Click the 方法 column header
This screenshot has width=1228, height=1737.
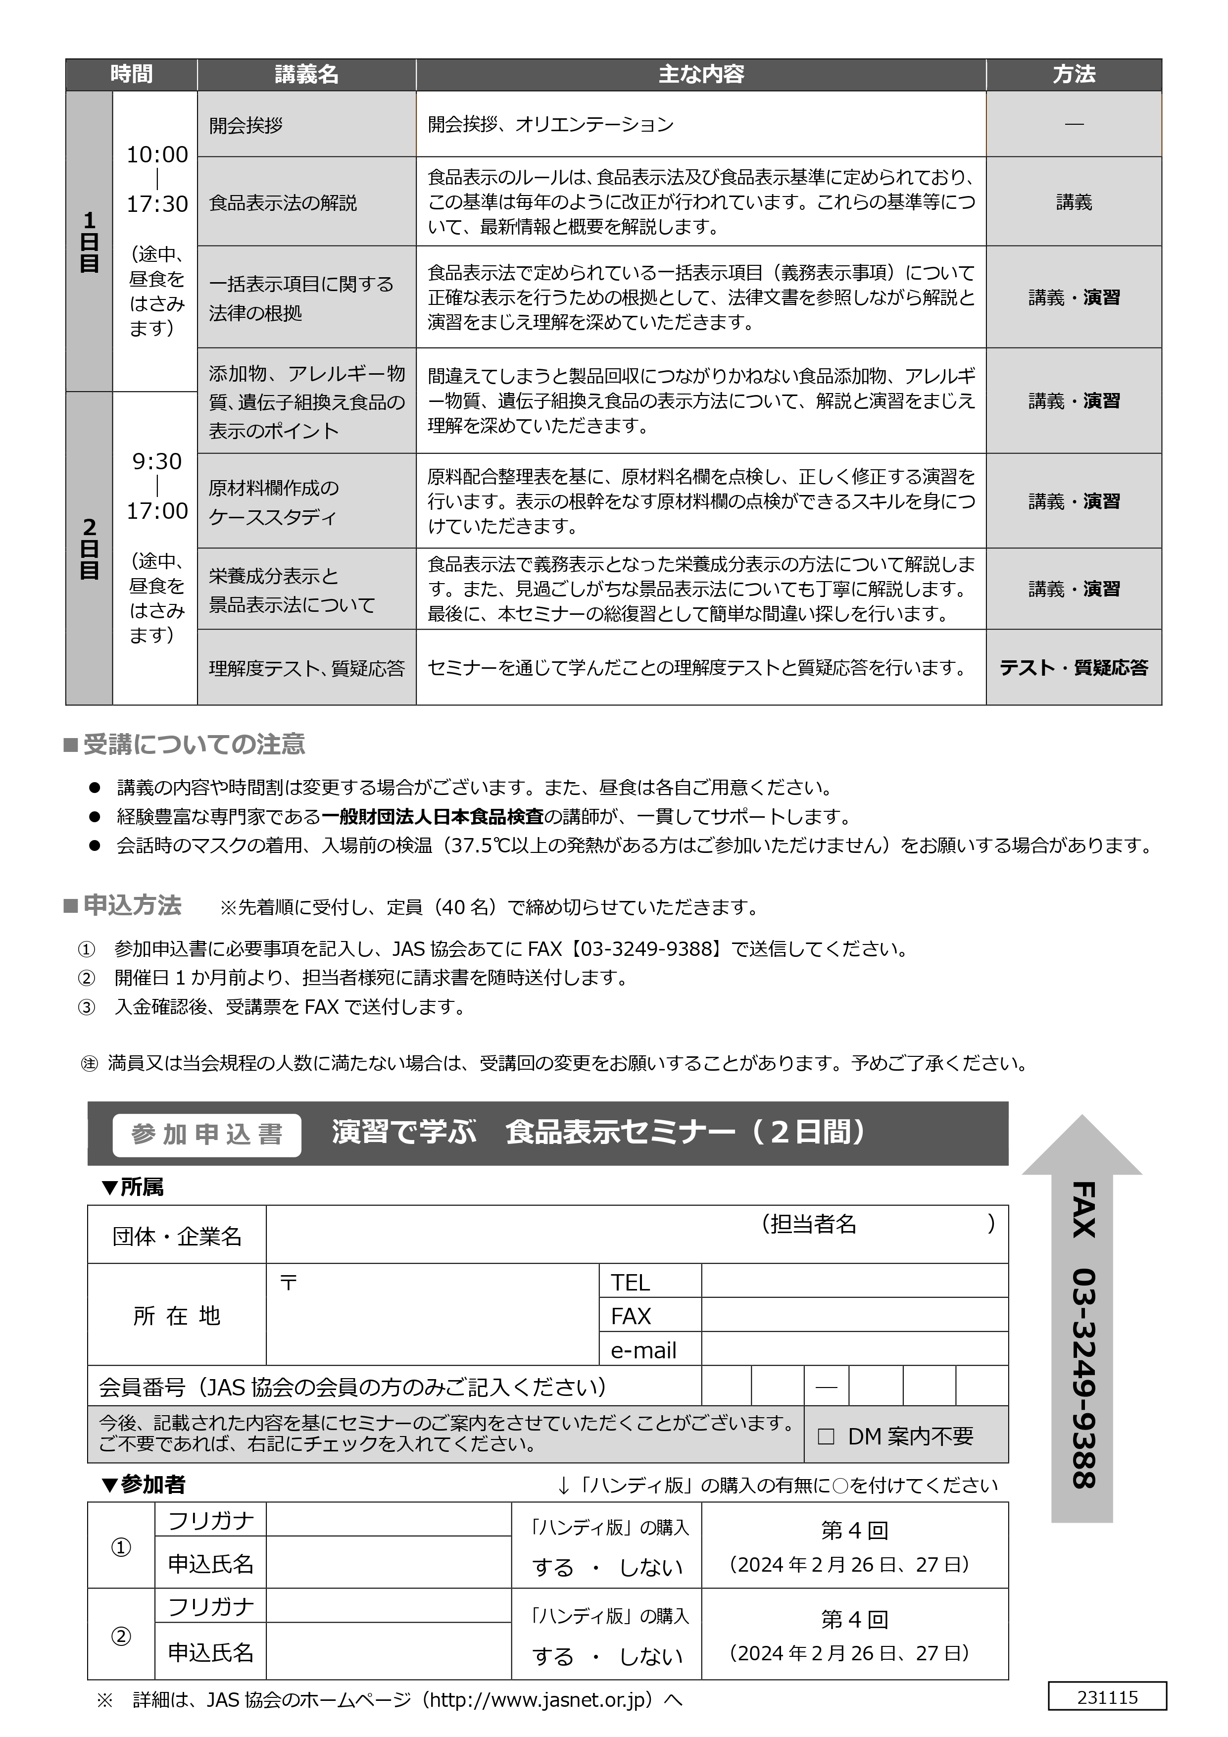(x=1073, y=74)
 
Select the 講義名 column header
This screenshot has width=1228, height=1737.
(x=306, y=74)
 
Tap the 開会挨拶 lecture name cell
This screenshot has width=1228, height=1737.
(x=246, y=125)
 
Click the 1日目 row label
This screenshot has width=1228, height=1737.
(x=89, y=242)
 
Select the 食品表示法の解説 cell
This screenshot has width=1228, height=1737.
(x=282, y=203)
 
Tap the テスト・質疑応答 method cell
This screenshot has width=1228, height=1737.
(x=1073, y=667)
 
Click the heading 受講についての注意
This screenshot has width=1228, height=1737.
(x=194, y=744)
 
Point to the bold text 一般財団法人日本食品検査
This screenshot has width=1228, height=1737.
(x=433, y=816)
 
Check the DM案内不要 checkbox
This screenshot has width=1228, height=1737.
(x=826, y=1436)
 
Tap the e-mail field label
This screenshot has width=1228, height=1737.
(x=643, y=1350)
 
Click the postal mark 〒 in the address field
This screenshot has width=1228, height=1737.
(x=288, y=1282)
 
